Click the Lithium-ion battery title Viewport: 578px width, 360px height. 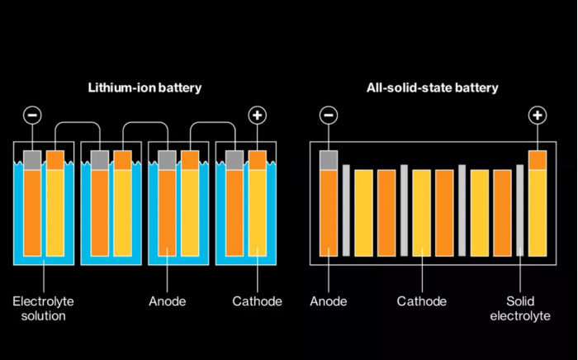[x=144, y=88]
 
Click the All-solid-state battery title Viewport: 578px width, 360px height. [x=433, y=88]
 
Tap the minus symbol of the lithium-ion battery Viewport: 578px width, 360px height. [x=32, y=116]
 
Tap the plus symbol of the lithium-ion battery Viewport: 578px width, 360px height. [x=258, y=116]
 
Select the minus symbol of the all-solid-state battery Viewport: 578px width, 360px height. [x=329, y=116]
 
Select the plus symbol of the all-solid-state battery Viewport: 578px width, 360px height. [x=538, y=116]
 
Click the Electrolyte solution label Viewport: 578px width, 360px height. [x=44, y=309]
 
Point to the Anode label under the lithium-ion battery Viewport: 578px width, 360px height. [x=168, y=301]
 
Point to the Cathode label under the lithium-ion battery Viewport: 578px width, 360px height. [x=258, y=301]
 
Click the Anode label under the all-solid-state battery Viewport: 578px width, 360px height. [x=329, y=301]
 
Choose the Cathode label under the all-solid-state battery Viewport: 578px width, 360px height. [x=422, y=301]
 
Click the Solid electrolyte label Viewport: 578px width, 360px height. [x=520, y=309]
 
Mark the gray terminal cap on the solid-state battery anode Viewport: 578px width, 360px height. [x=329, y=160]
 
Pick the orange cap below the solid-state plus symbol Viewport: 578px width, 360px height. [x=538, y=160]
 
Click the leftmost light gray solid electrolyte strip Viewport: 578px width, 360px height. [x=346, y=211]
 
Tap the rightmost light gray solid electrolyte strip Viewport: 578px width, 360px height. [x=519, y=211]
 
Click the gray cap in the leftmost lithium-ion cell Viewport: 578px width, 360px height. [x=32, y=160]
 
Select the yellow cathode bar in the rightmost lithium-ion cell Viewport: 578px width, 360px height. [x=258, y=212]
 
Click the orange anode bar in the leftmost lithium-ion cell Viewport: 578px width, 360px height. [x=32, y=212]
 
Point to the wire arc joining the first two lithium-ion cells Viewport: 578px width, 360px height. [x=78, y=122]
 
